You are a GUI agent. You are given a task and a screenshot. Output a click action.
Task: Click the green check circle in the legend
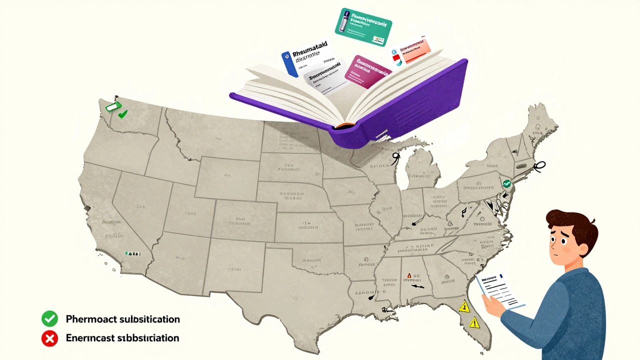[x=49, y=318]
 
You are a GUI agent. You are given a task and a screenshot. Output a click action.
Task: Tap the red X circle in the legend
[x=49, y=338]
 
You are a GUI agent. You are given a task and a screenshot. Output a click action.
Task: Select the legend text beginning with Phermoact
[x=122, y=319]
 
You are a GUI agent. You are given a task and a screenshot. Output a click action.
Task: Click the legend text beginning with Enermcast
[x=122, y=338]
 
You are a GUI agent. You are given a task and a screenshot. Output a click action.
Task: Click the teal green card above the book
[x=363, y=26]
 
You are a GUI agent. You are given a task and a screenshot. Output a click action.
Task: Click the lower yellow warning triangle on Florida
[x=473, y=322]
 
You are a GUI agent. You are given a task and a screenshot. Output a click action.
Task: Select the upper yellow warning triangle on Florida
[x=464, y=306]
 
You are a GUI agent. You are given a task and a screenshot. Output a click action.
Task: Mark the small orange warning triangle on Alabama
[x=409, y=275]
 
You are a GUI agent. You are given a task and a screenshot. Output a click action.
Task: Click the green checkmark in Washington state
[x=122, y=114]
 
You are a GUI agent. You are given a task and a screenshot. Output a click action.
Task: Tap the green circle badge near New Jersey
[x=506, y=183]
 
